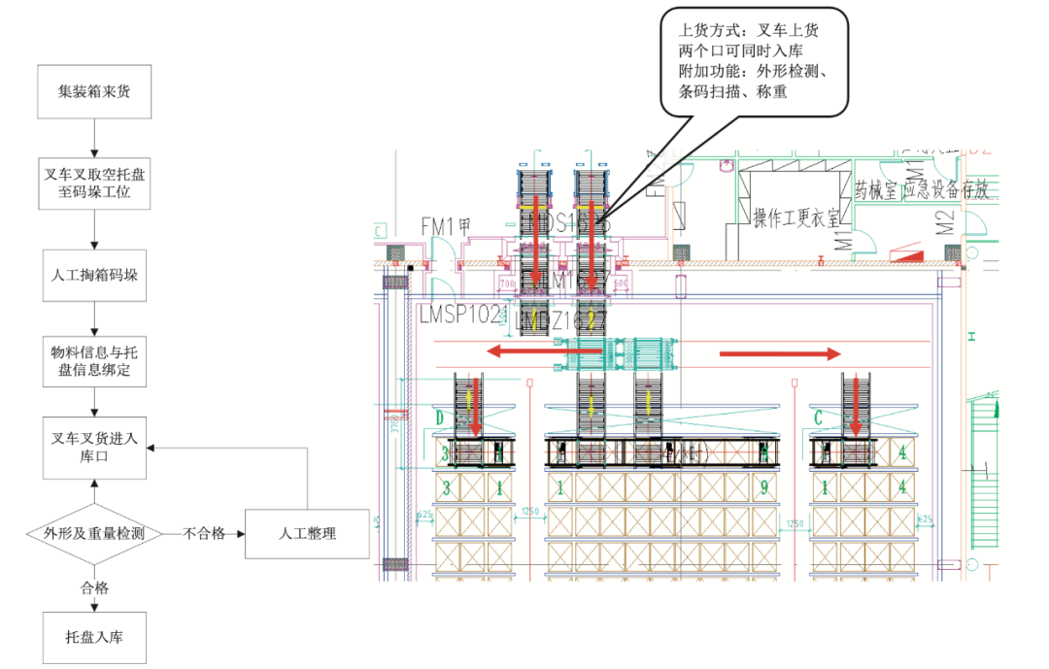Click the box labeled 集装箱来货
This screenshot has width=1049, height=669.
[94, 92]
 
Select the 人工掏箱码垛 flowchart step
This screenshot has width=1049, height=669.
[94, 275]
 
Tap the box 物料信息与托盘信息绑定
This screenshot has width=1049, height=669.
[94, 360]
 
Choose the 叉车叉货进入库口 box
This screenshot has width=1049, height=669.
[94, 448]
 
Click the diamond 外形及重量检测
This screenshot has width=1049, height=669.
[94, 533]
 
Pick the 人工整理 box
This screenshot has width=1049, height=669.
[307, 533]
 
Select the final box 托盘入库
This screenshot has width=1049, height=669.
[94, 637]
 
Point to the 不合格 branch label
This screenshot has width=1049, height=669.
[205, 533]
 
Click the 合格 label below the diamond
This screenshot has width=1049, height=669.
[94, 587]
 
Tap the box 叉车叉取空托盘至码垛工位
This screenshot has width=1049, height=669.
[94, 184]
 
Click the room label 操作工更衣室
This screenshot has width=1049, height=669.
[796, 217]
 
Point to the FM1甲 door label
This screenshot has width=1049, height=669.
[446, 225]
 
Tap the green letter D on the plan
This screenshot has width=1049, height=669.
[439, 418]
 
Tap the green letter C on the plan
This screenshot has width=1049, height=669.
[818, 418]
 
